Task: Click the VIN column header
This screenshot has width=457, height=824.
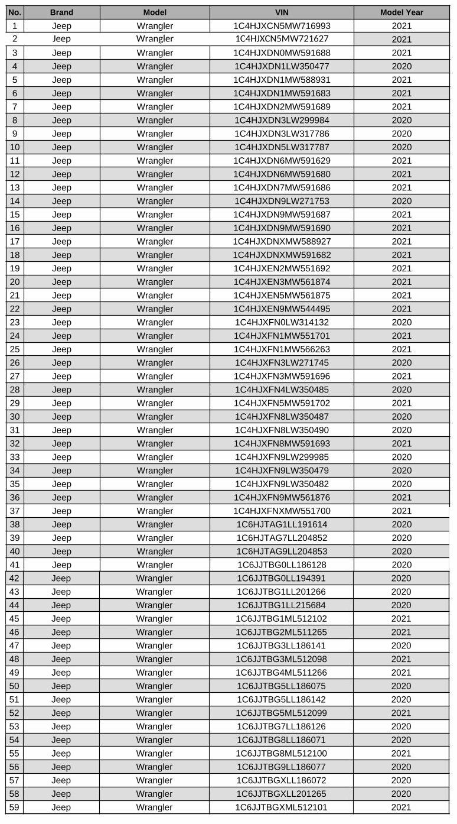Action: coord(282,12)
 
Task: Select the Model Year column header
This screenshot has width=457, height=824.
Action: coord(401,12)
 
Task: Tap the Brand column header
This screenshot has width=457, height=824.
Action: coord(61,12)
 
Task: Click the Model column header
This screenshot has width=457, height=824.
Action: coord(155,12)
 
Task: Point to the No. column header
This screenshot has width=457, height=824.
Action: coord(15,12)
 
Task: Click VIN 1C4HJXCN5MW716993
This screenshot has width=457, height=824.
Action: coord(282,25)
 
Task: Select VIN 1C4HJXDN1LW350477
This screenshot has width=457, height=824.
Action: coord(282,66)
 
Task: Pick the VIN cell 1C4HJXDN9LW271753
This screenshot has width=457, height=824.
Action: coord(282,201)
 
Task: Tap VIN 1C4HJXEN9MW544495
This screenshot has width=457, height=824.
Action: coord(282,309)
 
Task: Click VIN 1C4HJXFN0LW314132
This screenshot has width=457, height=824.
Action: coord(282,322)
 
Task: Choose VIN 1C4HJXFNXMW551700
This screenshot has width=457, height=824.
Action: coord(282,511)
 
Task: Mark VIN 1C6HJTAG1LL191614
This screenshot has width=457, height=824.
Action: coord(282,524)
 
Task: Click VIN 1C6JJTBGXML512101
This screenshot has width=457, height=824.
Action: coord(282,807)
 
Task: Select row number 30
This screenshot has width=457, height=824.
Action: coord(15,417)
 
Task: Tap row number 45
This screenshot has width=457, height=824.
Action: coord(15,618)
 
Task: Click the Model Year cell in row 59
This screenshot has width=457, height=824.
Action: coord(401,807)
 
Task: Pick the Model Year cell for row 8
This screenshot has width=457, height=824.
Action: coord(401,120)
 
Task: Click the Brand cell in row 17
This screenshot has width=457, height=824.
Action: coord(61,241)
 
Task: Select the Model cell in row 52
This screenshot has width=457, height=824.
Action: coord(155,713)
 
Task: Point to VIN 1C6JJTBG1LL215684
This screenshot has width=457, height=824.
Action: coord(282,605)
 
